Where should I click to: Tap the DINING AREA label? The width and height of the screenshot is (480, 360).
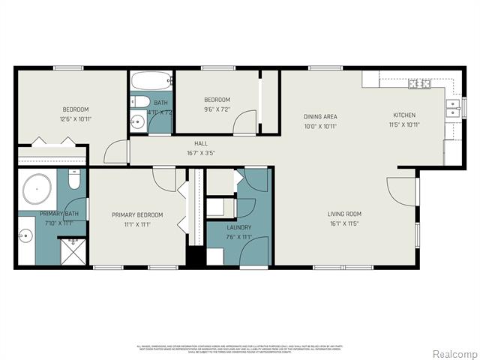(319, 116)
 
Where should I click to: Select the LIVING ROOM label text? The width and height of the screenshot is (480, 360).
(345, 214)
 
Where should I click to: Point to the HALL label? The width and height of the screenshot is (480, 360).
(201, 143)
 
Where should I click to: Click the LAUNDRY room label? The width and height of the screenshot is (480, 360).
(238, 227)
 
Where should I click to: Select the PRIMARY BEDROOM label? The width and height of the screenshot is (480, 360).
(136, 214)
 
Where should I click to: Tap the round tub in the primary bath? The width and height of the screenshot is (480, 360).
(36, 190)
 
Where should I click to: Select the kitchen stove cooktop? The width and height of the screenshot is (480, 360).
(418, 82)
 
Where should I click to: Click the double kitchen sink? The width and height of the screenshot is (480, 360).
(452, 109)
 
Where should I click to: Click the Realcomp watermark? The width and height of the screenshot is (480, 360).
(453, 353)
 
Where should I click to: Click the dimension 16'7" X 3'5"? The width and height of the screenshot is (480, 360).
(201, 153)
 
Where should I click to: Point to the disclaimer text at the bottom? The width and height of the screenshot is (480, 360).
(238, 349)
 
